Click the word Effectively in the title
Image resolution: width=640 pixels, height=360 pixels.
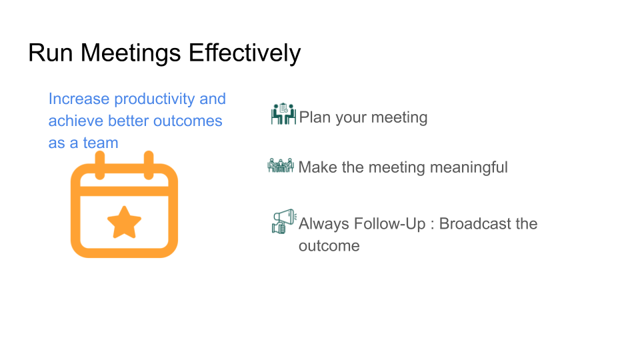[x=245, y=53]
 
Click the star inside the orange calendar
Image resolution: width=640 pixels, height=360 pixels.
[x=124, y=223]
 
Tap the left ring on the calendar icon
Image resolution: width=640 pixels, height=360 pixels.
[x=100, y=165]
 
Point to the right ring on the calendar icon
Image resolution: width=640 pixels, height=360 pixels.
[x=149, y=165]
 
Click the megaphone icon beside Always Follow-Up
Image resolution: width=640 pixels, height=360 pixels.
[x=283, y=221]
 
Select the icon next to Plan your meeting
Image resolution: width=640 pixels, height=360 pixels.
[x=283, y=115]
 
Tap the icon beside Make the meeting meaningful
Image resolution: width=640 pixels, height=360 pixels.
[x=281, y=166]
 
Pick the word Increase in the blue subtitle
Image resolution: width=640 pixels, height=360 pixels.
[x=79, y=99]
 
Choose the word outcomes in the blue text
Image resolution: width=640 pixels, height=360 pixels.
[x=188, y=121]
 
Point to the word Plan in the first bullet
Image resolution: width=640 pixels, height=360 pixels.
[x=315, y=118]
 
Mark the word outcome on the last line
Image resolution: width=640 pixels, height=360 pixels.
[x=329, y=246]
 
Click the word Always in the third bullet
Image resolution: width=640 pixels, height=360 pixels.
[x=323, y=224]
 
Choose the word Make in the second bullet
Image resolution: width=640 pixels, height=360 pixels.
[x=317, y=167]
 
